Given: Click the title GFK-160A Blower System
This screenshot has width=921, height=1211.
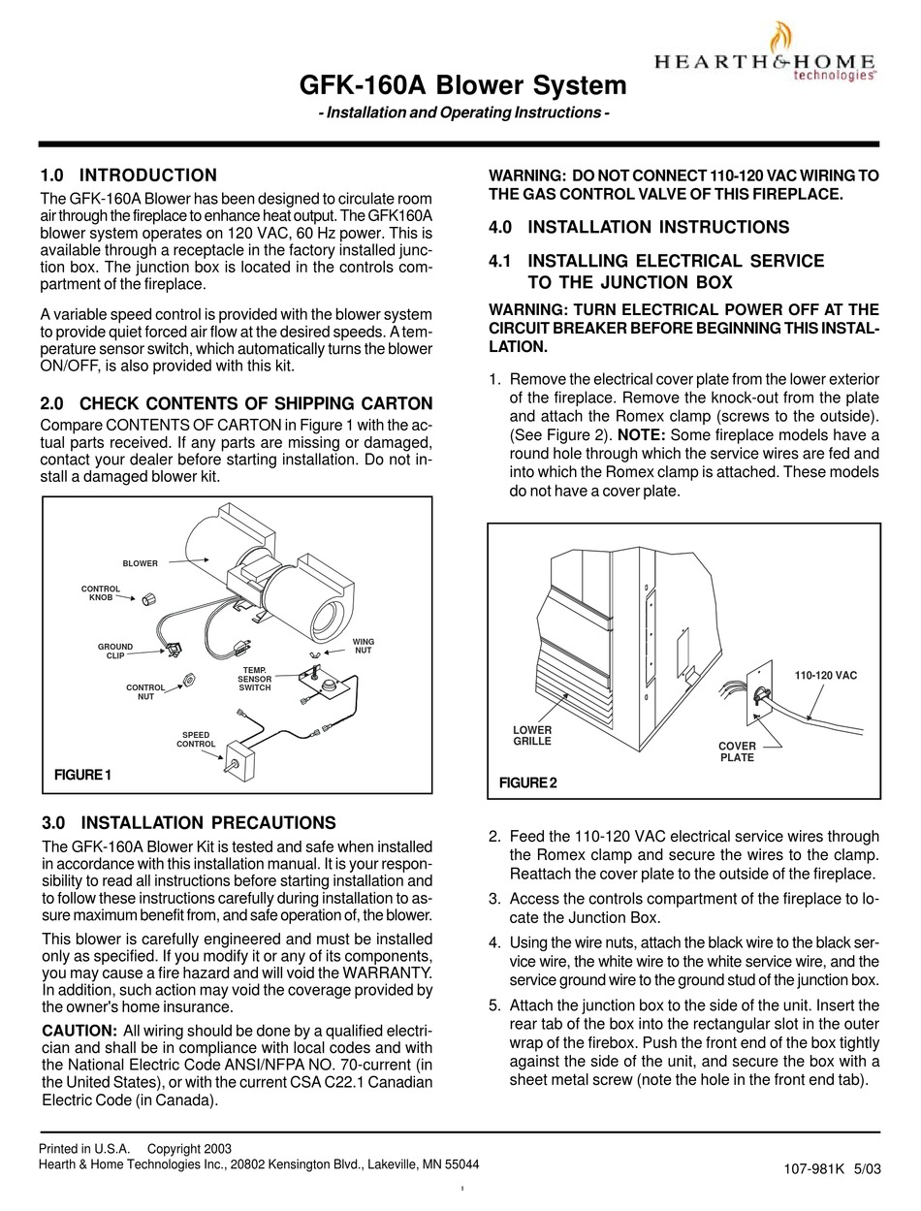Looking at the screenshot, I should [463, 85].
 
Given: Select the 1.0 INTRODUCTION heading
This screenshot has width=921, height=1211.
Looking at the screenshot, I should [129, 175].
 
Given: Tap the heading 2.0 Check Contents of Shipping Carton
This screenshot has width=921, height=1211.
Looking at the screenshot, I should [237, 403].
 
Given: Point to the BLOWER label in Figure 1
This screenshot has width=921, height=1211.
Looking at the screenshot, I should [140, 563].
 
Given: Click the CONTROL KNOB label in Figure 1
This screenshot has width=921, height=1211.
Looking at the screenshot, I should [100, 593].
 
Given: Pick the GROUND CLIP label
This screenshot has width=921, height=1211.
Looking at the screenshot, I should [115, 652].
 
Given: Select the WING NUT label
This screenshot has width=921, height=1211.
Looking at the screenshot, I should [363, 646].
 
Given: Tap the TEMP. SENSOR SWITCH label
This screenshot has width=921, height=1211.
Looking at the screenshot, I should [255, 679].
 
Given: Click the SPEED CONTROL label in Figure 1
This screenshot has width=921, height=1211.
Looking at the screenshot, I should [195, 740].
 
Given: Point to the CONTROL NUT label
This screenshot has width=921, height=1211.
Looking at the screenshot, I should [145, 692].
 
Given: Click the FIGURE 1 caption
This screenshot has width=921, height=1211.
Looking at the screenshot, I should [83, 774].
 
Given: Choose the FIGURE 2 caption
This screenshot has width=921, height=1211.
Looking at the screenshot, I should [527, 782].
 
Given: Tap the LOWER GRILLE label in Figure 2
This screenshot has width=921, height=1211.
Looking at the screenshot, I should [532, 735].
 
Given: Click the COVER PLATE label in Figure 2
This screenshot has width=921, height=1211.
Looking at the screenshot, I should [737, 751].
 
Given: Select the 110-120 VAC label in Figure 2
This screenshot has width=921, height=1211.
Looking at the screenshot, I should [826, 674].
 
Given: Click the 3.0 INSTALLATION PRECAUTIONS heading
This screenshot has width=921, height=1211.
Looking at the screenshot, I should [189, 822].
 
